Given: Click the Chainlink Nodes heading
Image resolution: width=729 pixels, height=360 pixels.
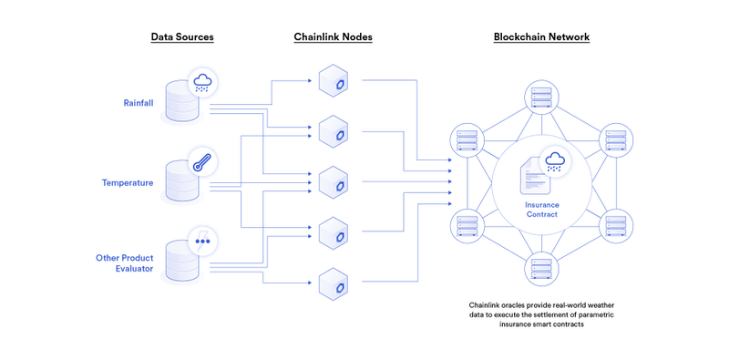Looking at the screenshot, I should pyautogui.click(x=333, y=37).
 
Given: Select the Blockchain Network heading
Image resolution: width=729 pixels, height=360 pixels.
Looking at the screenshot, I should pyautogui.click(x=541, y=37).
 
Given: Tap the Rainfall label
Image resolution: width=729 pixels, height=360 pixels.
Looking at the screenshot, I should pyautogui.click(x=139, y=103).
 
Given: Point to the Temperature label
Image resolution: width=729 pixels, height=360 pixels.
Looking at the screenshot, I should pyautogui.click(x=128, y=182).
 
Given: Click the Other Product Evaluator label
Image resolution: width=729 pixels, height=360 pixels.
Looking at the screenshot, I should pyautogui.click(x=125, y=264).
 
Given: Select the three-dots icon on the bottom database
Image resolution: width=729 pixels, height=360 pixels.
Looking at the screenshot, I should pyautogui.click(x=202, y=242).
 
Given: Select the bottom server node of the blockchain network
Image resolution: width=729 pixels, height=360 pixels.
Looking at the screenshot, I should pyautogui.click(x=541, y=269).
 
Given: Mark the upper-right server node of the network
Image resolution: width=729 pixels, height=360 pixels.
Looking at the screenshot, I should pyautogui.click(x=617, y=140).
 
